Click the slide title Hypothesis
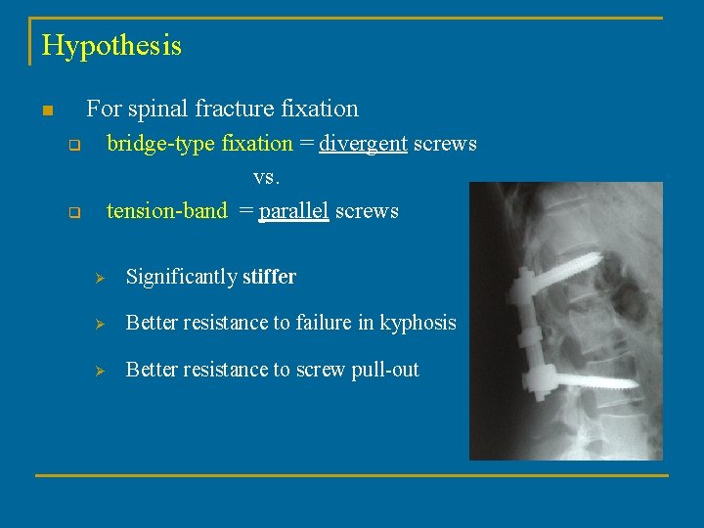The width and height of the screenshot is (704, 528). (111, 46)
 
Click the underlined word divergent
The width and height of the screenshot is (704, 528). (363, 144)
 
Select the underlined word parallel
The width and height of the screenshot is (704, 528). (293, 210)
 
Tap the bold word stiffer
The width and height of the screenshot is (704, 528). (269, 277)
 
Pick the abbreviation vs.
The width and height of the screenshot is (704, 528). (265, 177)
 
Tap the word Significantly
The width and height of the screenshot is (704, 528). (182, 277)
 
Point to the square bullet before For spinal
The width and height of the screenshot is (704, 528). (45, 110)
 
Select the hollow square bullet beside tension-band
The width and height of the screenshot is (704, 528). (72, 212)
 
